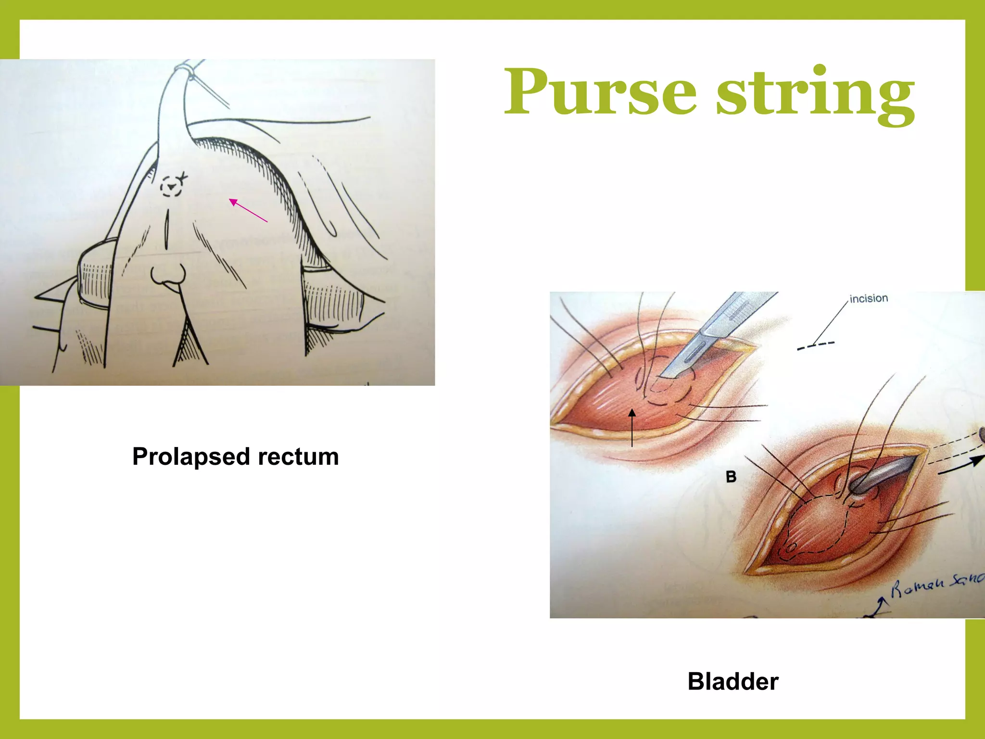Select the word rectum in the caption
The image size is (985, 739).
tap(298, 457)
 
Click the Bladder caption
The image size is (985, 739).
tap(732, 681)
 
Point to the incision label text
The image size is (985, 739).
tap(868, 298)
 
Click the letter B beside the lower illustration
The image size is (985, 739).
tap(731, 477)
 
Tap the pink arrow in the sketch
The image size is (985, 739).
tap(248, 210)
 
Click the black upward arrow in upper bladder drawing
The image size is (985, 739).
tap(632, 428)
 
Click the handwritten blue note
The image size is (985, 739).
tap(935, 585)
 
